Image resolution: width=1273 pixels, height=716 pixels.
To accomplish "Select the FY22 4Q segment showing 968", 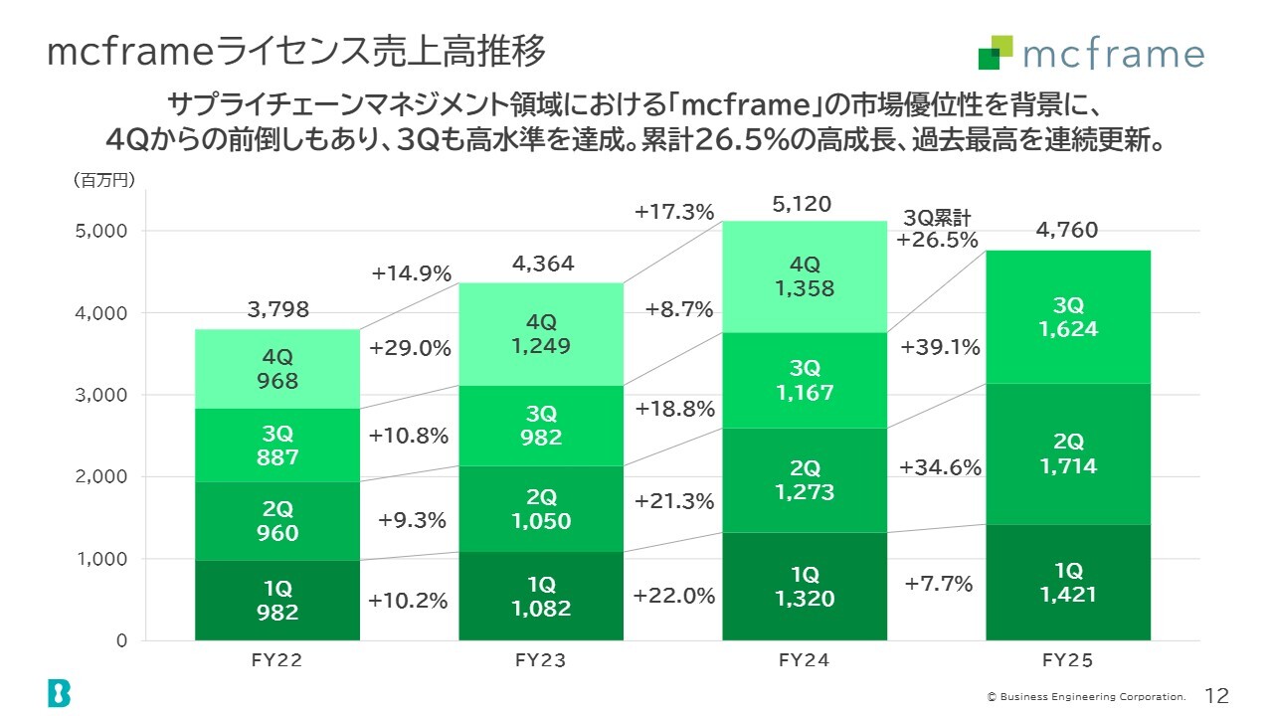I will pos(276,368).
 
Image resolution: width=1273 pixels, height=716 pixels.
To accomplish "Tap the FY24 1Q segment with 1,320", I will pos(805,587).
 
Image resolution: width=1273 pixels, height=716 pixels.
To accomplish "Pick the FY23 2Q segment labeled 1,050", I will pos(541,508).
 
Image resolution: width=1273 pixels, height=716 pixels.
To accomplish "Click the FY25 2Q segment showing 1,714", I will pos(1068,452).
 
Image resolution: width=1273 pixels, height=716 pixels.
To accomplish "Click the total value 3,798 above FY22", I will pos(277,310).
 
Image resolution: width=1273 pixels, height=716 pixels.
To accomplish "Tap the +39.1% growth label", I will pos(940,347).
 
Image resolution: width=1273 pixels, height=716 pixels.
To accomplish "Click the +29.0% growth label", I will pos(410,349).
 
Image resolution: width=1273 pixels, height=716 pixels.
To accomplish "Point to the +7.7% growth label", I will pos(938,584).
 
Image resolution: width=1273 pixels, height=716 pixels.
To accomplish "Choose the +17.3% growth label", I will pos(674,212).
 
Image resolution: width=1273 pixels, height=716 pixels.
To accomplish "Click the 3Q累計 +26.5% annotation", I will pos(937,230).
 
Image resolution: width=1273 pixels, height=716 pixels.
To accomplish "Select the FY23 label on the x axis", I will pos(541,659).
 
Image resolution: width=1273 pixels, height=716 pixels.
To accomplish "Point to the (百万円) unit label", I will pos(102,180).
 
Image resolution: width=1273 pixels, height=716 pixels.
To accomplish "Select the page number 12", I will pos(1217,694).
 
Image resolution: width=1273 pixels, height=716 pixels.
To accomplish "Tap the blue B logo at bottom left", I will pos(59,692).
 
